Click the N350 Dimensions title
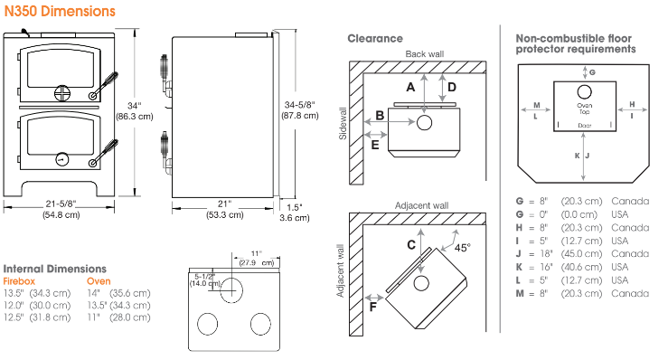tap(60, 11)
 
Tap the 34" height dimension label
tap(134, 106)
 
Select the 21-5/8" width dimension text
tap(61, 204)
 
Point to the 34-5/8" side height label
tap(299, 105)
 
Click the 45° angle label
tap(462, 248)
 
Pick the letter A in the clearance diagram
tap(410, 87)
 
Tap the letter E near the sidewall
tap(375, 145)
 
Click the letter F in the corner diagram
tap(372, 308)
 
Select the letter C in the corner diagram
tap(411, 245)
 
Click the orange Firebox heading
tap(19, 281)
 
